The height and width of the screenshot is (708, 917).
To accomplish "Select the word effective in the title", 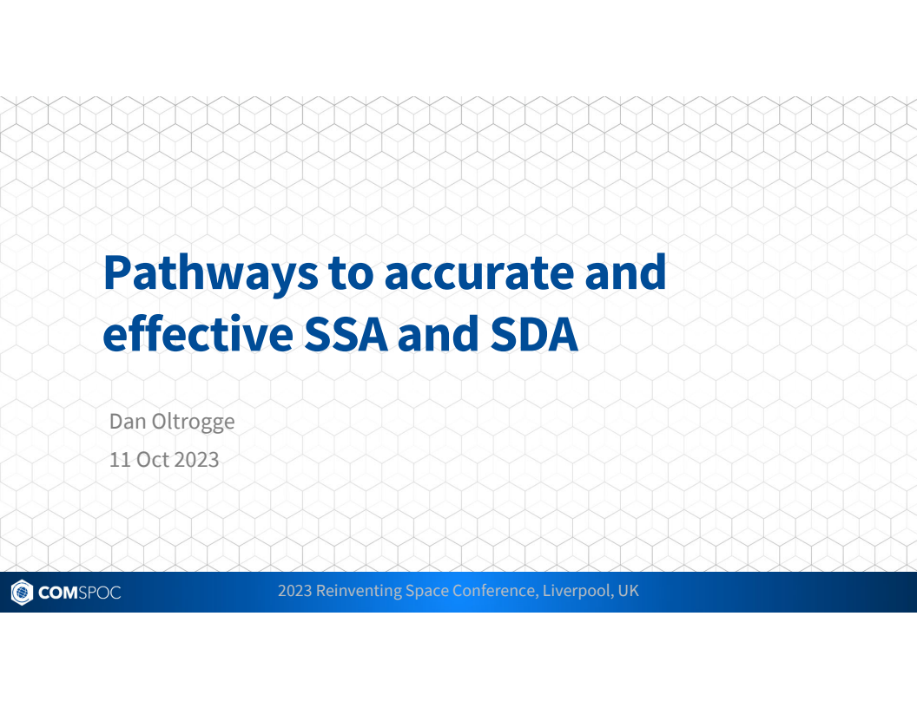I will [197, 336].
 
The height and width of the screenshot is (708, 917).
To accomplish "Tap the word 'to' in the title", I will [350, 273].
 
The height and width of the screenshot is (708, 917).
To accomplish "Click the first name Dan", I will [127, 422].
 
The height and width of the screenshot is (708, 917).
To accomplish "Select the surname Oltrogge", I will [192, 423].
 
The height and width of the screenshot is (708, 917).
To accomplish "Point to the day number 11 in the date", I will [119, 459].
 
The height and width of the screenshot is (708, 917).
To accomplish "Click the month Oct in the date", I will [152, 459].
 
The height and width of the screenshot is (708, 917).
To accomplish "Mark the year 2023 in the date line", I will [196, 459].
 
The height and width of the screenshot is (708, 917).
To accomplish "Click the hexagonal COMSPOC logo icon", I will [21, 593].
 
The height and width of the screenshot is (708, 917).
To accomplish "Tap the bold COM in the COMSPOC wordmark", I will [57, 593].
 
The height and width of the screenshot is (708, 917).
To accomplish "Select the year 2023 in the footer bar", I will [294, 591].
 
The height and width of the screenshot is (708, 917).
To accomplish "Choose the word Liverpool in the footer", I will [577, 592].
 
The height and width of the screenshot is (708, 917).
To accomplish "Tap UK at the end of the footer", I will [629, 591].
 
